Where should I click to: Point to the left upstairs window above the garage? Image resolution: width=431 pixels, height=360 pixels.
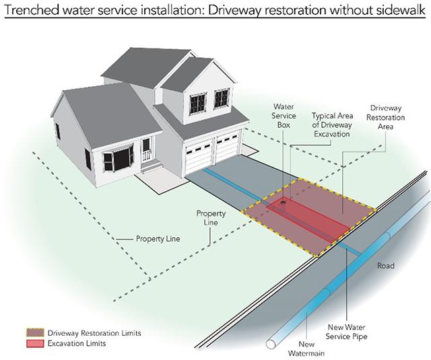coord(197,103)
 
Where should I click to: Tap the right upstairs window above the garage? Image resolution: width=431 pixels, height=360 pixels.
coord(221,98)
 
